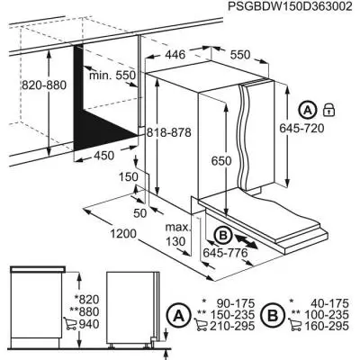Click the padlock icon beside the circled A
[330, 110]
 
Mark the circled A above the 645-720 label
[309, 110]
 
